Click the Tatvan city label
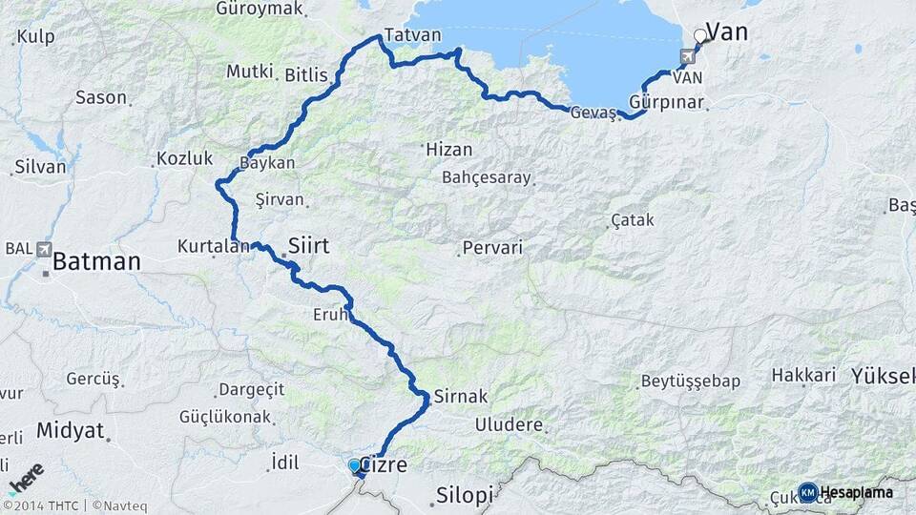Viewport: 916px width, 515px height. (x=412, y=35)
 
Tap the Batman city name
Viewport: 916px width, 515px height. (x=96, y=260)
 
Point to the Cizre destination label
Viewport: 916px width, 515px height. (x=386, y=466)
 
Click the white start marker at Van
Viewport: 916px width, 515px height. (x=700, y=36)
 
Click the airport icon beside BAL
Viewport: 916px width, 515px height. (x=45, y=249)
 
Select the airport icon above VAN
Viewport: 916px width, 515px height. (x=687, y=56)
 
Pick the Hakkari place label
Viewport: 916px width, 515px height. (x=803, y=375)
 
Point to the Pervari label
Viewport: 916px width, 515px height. (x=492, y=248)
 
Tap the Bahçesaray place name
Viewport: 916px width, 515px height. (x=487, y=177)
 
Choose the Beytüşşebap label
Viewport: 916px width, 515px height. (x=691, y=381)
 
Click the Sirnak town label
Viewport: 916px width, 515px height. (x=461, y=396)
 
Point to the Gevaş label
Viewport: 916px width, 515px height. (x=593, y=113)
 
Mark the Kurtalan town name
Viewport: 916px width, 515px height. (x=206, y=246)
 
